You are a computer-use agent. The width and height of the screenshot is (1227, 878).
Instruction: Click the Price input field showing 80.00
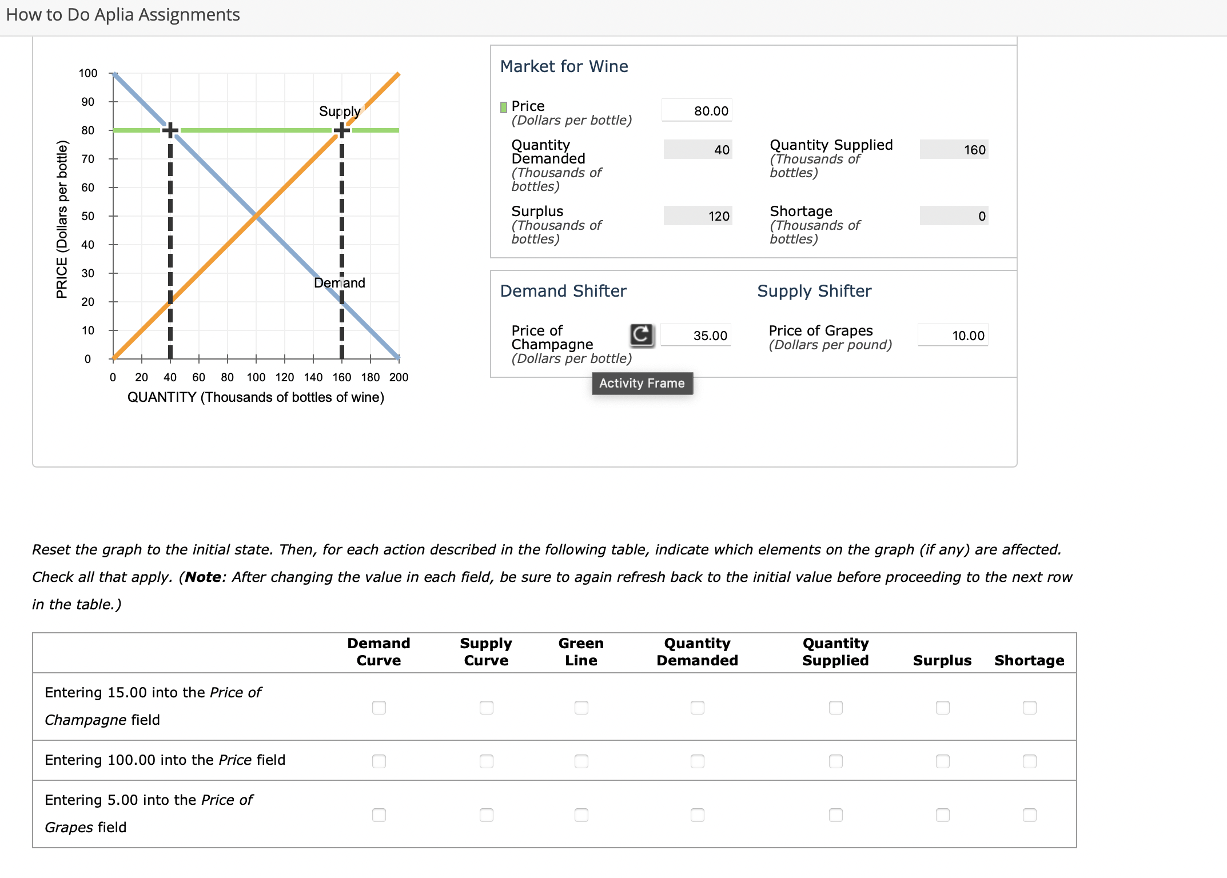(x=696, y=111)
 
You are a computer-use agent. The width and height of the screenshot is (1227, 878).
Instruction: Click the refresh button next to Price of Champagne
(x=642, y=334)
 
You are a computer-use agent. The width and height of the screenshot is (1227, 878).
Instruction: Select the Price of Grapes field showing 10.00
(x=953, y=336)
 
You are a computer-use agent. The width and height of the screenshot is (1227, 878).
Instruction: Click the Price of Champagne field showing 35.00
(x=695, y=336)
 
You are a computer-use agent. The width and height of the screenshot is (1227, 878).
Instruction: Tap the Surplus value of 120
(x=698, y=216)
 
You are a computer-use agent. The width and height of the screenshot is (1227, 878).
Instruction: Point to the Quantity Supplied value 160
(x=954, y=150)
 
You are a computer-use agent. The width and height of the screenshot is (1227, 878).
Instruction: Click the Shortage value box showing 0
(x=954, y=216)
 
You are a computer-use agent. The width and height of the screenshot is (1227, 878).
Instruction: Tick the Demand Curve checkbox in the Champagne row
(x=379, y=708)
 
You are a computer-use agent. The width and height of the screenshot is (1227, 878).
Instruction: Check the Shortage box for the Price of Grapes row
(x=1029, y=815)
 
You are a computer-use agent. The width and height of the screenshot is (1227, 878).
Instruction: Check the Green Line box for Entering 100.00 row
(x=581, y=761)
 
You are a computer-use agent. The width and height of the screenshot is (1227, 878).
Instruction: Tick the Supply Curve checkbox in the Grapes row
(x=486, y=815)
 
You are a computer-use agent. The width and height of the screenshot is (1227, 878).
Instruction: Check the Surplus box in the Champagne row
(x=942, y=708)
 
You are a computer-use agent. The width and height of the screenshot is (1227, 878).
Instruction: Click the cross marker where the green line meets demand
(x=170, y=130)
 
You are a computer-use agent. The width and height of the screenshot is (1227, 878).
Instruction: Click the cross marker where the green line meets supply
(x=341, y=130)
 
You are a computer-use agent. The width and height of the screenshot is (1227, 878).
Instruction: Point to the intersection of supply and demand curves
(x=256, y=216)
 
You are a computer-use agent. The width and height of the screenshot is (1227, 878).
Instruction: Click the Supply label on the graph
(x=340, y=111)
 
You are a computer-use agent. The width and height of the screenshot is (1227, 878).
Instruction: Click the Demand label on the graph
(x=340, y=283)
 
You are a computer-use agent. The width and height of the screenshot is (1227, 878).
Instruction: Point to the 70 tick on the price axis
(x=87, y=159)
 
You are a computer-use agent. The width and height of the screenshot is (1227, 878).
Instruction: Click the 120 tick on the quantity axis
(x=284, y=377)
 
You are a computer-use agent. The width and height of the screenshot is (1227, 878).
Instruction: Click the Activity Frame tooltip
(x=642, y=384)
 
